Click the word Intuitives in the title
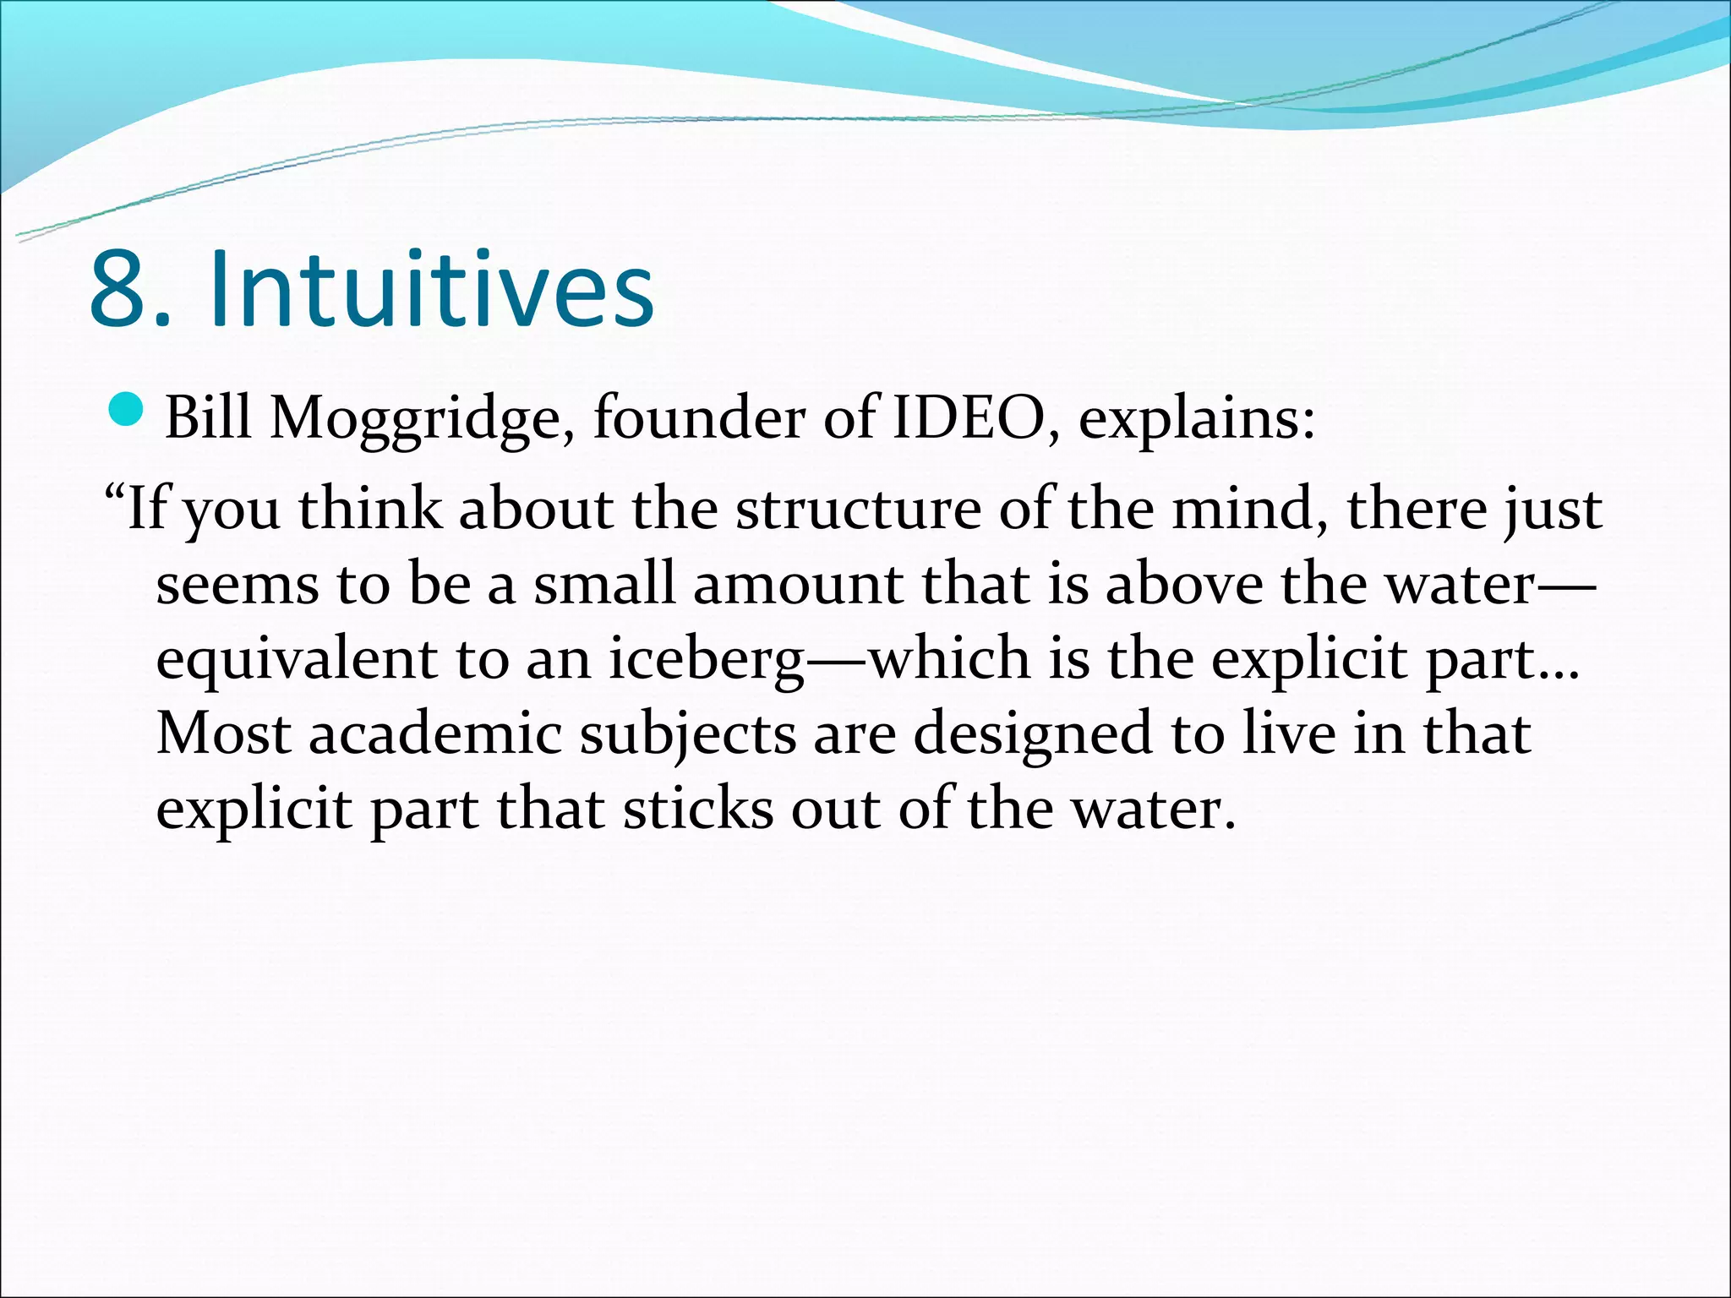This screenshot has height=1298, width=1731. pyautogui.click(x=431, y=289)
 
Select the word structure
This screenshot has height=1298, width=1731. pyautogui.click(x=858, y=510)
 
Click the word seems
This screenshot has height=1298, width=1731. pyautogui.click(x=238, y=585)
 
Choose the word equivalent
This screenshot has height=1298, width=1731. pyautogui.click(x=297, y=660)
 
